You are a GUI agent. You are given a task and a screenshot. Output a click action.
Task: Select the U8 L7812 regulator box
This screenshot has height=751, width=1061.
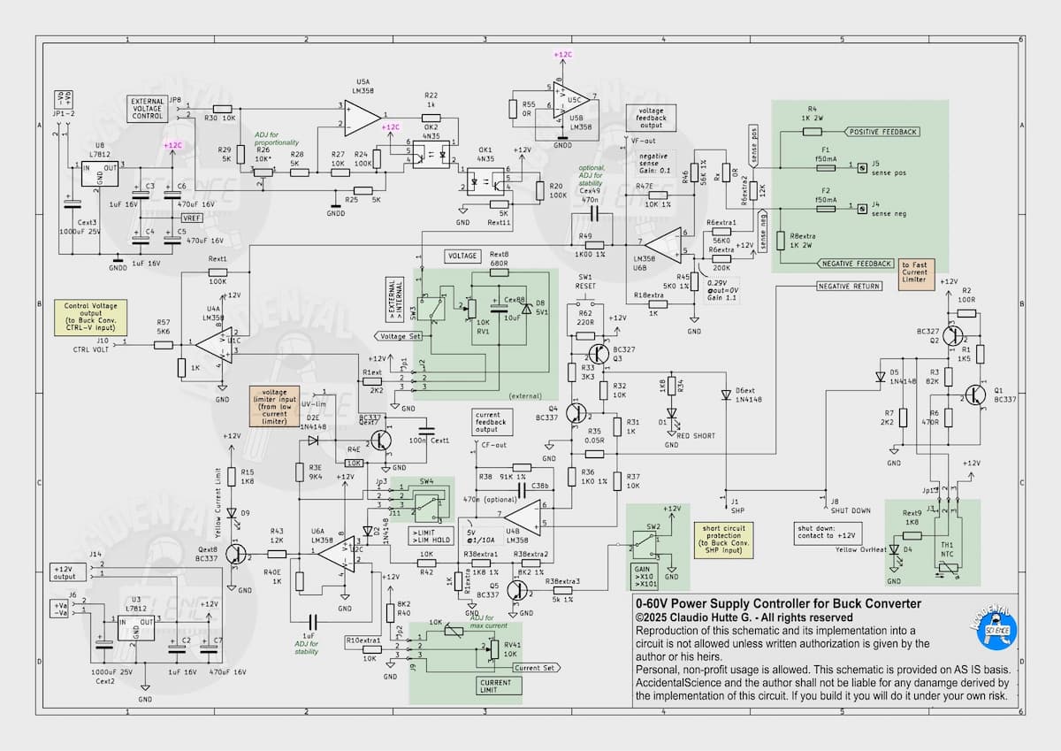coord(100,172)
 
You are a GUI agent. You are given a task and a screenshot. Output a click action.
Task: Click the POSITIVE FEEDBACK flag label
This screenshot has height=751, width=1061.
coord(882,132)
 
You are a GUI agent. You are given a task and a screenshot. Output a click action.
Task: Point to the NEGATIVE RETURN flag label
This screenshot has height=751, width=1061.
coord(848,287)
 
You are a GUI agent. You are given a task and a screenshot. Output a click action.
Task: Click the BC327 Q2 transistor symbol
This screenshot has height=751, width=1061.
coord(953,336)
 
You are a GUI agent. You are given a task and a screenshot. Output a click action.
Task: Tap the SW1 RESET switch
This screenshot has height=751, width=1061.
coord(585,303)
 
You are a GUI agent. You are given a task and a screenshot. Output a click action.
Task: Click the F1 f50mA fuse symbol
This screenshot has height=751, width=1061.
coord(825,165)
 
